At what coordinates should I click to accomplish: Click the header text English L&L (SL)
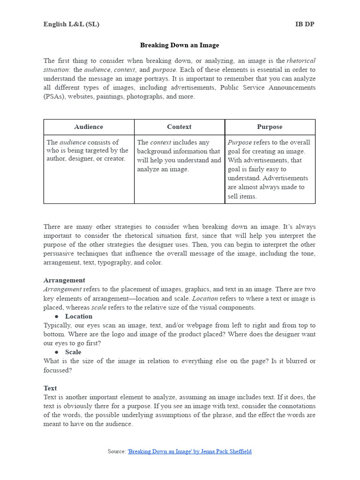click(x=71, y=24)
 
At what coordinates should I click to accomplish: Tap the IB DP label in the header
click(x=305, y=24)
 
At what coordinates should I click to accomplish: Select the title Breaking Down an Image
click(x=180, y=45)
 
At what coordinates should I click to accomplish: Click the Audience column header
click(x=89, y=127)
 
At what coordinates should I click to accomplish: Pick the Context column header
click(x=179, y=127)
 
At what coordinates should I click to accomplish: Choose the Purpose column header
click(x=270, y=127)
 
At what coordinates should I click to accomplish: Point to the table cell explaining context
click(x=179, y=156)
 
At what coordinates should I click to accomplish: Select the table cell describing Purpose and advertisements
click(x=270, y=169)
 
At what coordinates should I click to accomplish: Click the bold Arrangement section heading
click(x=64, y=280)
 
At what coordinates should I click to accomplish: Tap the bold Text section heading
click(x=50, y=388)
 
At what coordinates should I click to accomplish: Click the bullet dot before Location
click(x=56, y=316)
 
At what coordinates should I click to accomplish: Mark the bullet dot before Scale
click(x=56, y=352)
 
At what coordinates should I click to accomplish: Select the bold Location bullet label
click(x=79, y=316)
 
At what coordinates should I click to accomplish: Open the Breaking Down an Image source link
click(x=189, y=451)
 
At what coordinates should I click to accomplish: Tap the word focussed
click(x=58, y=370)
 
